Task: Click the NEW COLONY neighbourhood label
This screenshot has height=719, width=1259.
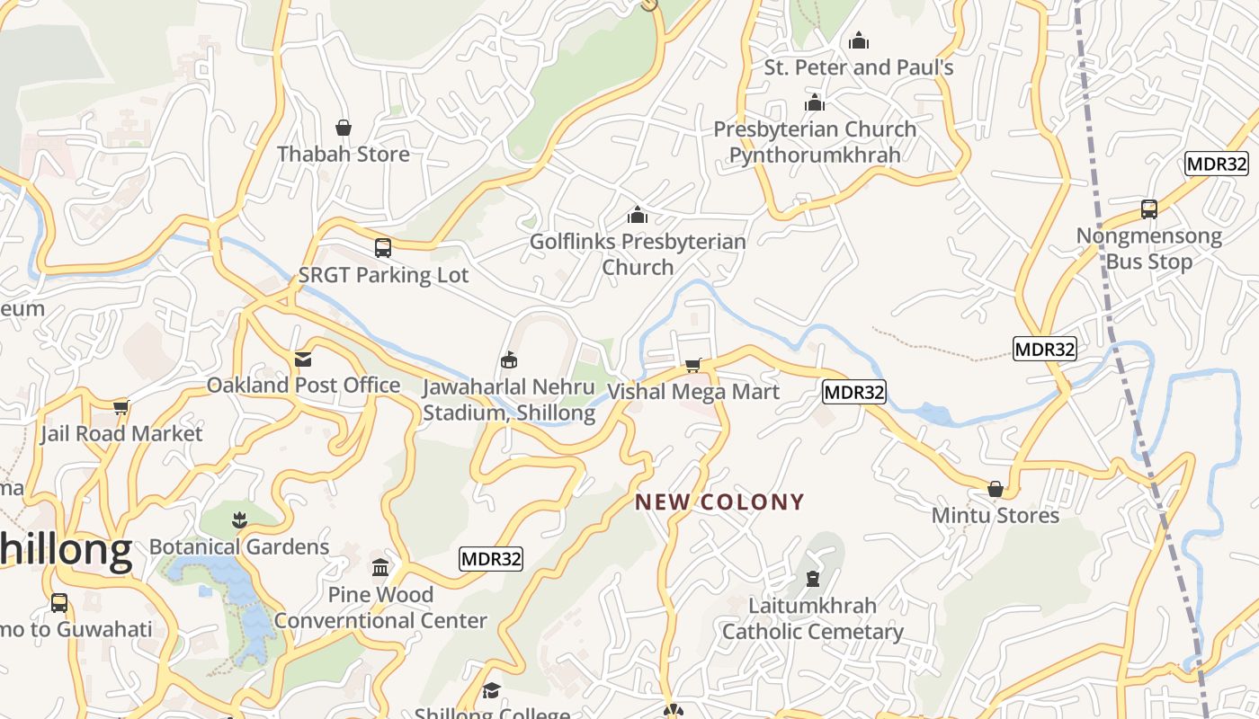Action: click(x=719, y=502)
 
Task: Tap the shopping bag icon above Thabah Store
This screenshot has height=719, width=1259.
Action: click(x=343, y=129)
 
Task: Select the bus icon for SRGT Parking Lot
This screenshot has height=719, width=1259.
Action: click(x=383, y=248)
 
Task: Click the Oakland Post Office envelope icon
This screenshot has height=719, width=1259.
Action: click(x=303, y=359)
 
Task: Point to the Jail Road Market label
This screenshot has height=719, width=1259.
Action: click(x=121, y=433)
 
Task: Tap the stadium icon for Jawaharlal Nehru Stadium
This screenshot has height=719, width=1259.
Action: click(x=509, y=360)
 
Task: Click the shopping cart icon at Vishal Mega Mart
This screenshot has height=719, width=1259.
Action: click(x=692, y=365)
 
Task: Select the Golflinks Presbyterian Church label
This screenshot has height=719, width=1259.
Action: click(x=638, y=254)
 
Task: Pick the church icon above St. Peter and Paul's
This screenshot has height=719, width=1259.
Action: click(x=859, y=41)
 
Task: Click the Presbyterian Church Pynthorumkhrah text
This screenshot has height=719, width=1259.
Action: click(x=815, y=142)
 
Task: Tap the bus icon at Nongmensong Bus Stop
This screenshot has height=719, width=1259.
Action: click(x=1149, y=209)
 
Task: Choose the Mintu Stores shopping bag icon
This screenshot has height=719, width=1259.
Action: click(x=996, y=489)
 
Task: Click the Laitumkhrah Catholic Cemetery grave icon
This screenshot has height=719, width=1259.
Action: click(x=813, y=579)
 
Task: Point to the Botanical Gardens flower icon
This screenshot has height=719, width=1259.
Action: click(x=239, y=519)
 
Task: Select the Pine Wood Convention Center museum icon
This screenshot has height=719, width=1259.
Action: click(x=380, y=568)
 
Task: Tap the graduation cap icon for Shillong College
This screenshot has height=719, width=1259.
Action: click(x=491, y=690)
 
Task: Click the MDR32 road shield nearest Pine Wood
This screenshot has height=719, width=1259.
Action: click(x=491, y=559)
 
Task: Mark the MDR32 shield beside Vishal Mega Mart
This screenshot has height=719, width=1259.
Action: click(x=854, y=392)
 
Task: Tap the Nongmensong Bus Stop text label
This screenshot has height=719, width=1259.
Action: click(x=1149, y=249)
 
